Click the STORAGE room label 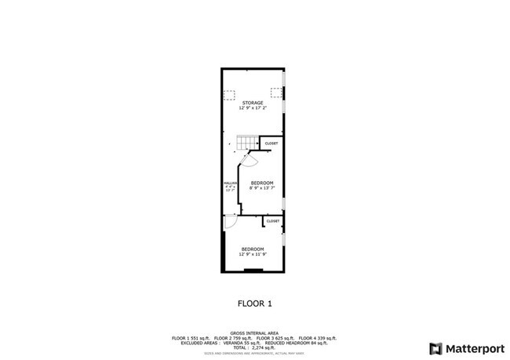tap(253, 103)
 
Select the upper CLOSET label tap(271, 144)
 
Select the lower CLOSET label tap(273, 221)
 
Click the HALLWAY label tap(230, 181)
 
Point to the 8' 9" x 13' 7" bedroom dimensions tap(262, 188)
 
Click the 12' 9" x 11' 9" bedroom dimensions tap(253, 254)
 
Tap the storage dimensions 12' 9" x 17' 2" tap(253, 108)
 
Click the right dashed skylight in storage tap(276, 93)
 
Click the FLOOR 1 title tap(255, 302)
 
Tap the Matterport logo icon tap(435, 348)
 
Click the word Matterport tap(473, 348)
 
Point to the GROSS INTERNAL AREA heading tap(254, 333)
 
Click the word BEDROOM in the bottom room tap(253, 249)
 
